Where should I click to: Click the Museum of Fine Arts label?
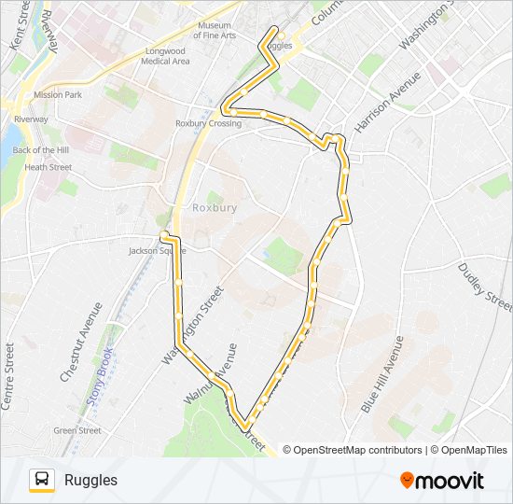[215, 30]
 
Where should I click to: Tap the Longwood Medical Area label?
[165, 56]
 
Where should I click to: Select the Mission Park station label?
[58, 95]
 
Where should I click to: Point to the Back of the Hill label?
[42, 150]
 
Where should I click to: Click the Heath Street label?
[48, 167]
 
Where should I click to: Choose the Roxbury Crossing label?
[209, 123]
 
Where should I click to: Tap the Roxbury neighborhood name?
[215, 207]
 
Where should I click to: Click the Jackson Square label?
[151, 250]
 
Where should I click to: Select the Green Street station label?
[77, 430]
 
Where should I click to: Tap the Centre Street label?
[8, 376]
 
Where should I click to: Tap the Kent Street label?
[16, 25]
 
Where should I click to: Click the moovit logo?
[442, 481]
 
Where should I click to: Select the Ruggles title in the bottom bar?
[91, 480]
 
